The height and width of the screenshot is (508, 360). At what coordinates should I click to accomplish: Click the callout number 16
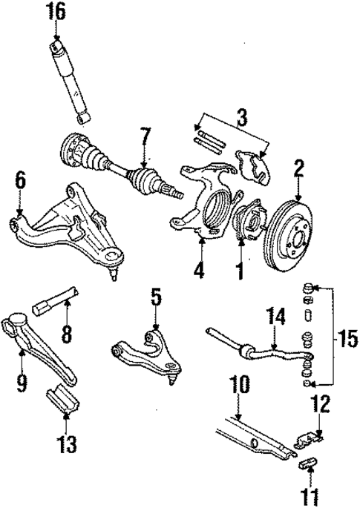[x=56, y=12]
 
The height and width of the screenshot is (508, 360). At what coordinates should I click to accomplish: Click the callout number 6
[x=20, y=180]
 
